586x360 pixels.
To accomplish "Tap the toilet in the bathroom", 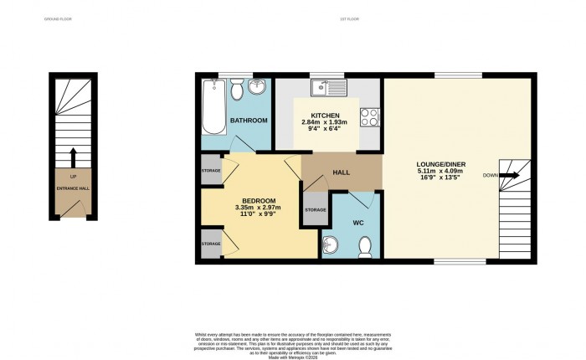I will (237, 88).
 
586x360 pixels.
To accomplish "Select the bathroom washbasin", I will (258, 87).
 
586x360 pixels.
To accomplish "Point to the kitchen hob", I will (370, 118).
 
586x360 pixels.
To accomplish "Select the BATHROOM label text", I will (249, 121).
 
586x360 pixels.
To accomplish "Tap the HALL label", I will (342, 172).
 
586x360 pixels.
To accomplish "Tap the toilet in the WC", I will (364, 245).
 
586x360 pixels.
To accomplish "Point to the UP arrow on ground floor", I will (73, 156).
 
